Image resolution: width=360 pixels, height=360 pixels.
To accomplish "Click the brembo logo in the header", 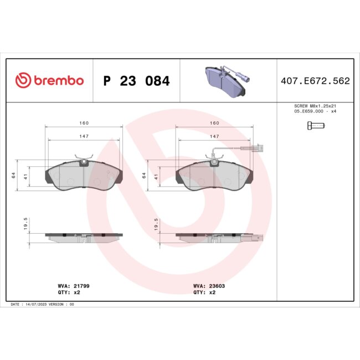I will coord(49,81).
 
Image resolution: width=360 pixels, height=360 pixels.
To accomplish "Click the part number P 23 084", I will coord(136,81).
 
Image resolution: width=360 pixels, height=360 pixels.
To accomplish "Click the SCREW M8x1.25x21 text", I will coord(316,105).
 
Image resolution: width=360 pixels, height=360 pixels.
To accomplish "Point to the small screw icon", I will coord(316,125).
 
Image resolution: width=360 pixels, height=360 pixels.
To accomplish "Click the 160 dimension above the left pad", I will coord(84,123).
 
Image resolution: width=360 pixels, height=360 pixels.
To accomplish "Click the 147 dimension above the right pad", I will coord(214,136).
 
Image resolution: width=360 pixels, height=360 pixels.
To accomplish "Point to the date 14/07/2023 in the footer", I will coord(33,305).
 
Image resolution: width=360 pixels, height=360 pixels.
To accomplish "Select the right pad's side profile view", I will coord(216,236).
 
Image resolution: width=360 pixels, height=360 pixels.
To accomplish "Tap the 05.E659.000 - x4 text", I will coord(316,111).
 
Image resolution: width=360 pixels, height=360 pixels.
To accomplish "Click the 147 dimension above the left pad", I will coord(84,136).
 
